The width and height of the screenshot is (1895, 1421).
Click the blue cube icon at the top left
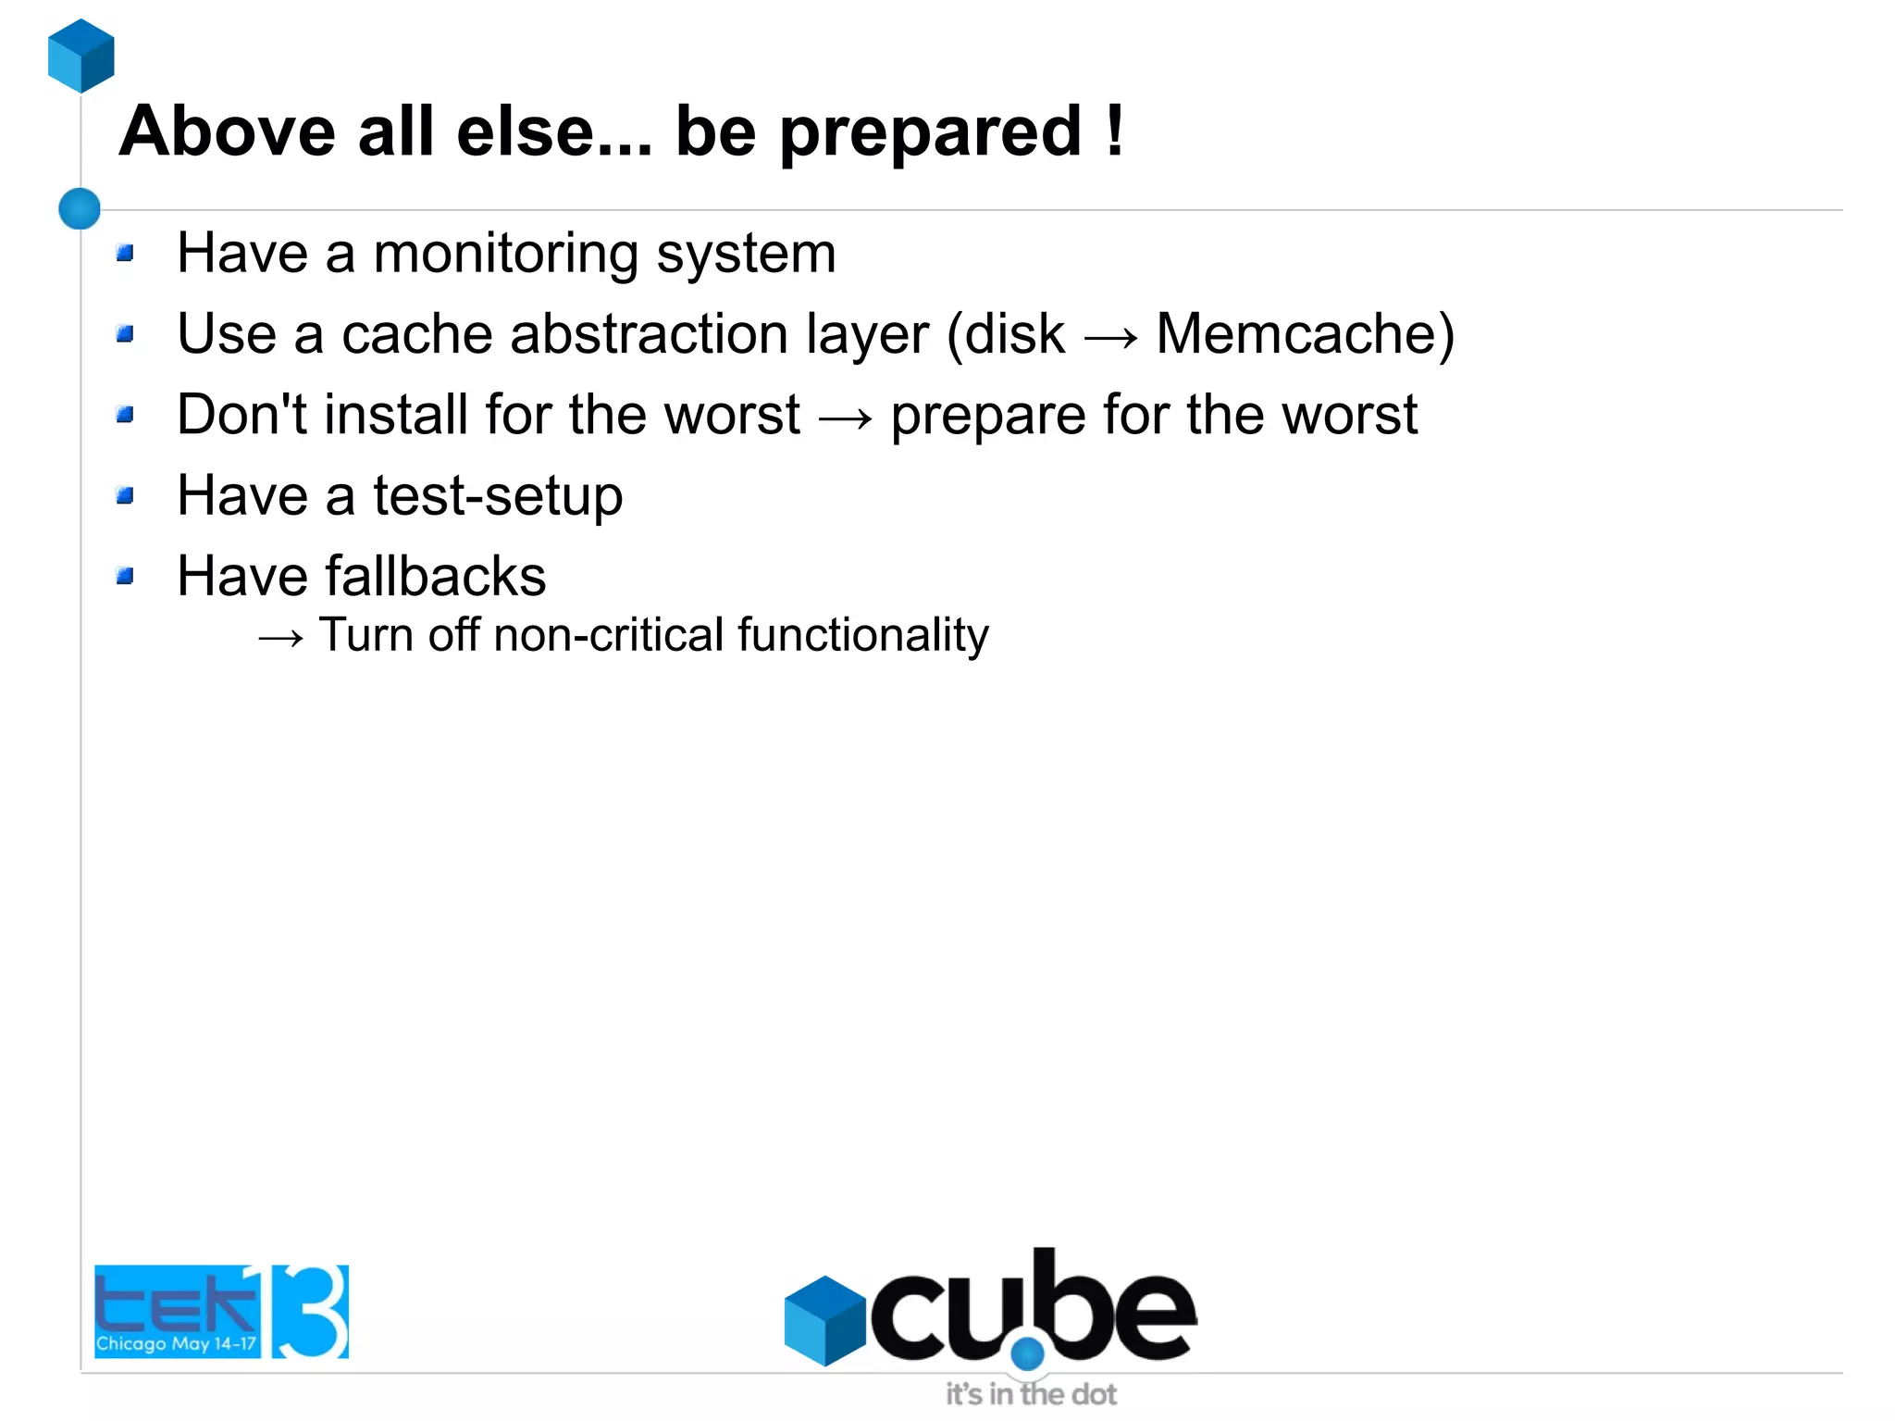click(81, 56)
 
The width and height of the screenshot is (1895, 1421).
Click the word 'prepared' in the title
click(930, 132)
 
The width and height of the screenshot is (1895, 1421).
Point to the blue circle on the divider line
click(80, 208)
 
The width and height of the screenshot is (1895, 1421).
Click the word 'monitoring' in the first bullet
click(505, 254)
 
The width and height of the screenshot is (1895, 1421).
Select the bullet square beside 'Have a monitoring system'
click(126, 253)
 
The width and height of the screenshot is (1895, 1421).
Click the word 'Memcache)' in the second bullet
click(1305, 334)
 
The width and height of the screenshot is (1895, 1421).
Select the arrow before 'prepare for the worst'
click(846, 418)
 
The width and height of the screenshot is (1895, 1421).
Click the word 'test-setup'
click(498, 497)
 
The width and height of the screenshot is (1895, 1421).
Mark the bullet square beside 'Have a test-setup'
click(126, 496)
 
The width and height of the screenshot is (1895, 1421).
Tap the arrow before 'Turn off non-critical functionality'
click(280, 638)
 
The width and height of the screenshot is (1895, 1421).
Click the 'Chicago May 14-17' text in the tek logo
click(176, 1343)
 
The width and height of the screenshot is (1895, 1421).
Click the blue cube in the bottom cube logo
click(824, 1320)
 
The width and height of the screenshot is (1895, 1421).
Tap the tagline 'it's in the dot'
click(1031, 1394)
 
